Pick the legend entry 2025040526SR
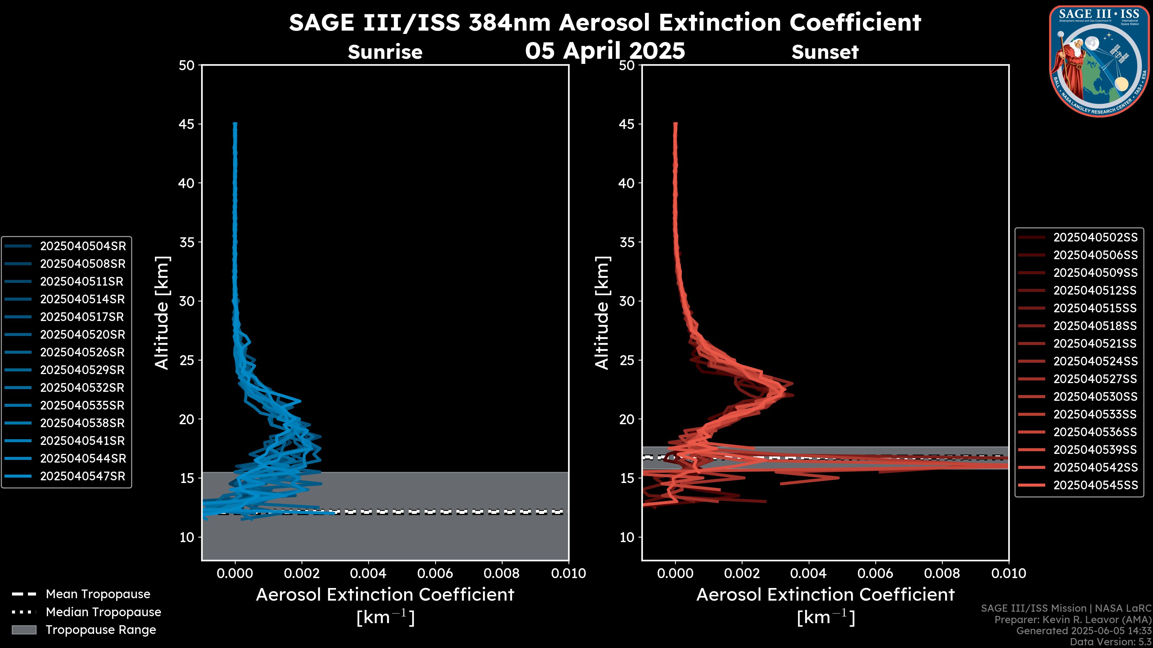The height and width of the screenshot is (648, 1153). pyautogui.click(x=82, y=352)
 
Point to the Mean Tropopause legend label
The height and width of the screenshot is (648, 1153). pyautogui.click(x=98, y=594)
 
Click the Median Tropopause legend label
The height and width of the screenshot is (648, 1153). pyautogui.click(x=103, y=612)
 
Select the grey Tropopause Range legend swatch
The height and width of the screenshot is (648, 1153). pyautogui.click(x=24, y=630)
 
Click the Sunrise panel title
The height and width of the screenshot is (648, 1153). pyautogui.click(x=385, y=52)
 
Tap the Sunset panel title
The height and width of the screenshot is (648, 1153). pyautogui.click(x=825, y=52)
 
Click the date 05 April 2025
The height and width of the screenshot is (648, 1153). pyautogui.click(x=605, y=50)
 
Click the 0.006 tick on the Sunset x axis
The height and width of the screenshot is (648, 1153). pyautogui.click(x=876, y=573)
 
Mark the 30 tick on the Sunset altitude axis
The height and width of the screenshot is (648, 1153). pyautogui.click(x=627, y=301)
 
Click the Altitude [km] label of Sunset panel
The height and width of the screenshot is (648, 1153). pyautogui.click(x=602, y=313)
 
